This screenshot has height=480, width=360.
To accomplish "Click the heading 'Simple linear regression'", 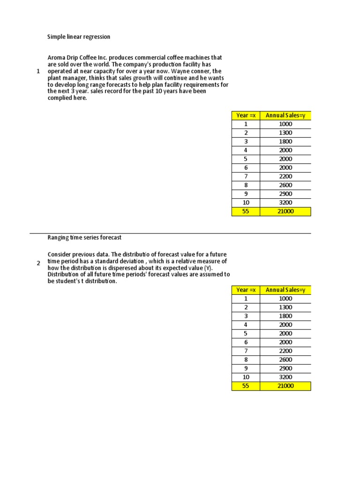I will [x=79, y=37].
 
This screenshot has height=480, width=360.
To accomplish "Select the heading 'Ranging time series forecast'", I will [x=84, y=238].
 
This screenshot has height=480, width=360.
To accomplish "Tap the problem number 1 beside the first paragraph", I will [x=37, y=71].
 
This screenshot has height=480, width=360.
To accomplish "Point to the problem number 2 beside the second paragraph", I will [x=38, y=263].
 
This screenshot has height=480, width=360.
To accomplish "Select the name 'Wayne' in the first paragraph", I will [x=184, y=71].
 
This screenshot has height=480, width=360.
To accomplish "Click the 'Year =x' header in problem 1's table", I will [x=246, y=115].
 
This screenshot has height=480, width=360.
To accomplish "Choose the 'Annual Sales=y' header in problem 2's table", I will [x=285, y=290].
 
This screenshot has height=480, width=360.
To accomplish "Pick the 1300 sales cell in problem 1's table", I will [x=285, y=133].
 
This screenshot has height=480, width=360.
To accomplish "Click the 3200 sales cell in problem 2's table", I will [x=285, y=377].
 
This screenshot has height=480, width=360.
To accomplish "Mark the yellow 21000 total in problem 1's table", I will [x=285, y=211].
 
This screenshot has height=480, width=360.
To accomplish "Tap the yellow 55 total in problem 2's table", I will [x=246, y=386].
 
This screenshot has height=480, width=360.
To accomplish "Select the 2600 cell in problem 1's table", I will [x=285, y=185].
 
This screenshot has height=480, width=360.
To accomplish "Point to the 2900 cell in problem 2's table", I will [x=285, y=368].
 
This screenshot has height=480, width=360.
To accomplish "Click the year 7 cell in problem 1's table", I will [x=246, y=176].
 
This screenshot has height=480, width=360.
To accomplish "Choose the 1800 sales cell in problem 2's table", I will [x=285, y=316].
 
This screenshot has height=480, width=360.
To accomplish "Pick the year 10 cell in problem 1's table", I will [x=246, y=202].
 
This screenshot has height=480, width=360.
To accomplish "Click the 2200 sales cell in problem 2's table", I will [x=285, y=351].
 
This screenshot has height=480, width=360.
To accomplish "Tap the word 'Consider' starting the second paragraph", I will [x=60, y=255].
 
